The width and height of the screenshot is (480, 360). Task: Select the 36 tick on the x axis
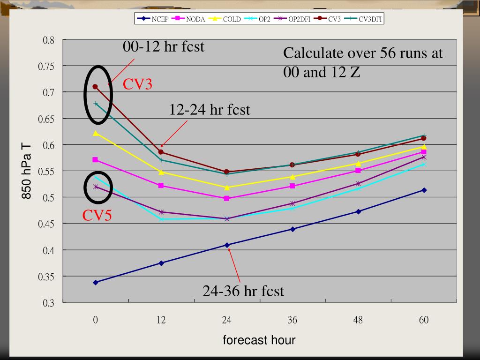coord(292,321)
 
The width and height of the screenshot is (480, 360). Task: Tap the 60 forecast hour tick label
coord(424,321)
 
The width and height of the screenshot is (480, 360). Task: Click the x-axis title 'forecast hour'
coord(259,340)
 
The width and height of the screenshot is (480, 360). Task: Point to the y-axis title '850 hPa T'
coord(27,171)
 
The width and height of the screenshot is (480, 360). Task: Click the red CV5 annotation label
coord(97,216)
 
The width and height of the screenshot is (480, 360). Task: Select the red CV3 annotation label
coord(137,84)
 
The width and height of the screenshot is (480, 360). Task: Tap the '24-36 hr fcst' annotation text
coord(243,291)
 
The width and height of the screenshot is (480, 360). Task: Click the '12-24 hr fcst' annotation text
coord(210,110)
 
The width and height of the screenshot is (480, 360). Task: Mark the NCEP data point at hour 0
coord(96,282)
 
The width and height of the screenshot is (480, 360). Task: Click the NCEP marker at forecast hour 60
coord(424,190)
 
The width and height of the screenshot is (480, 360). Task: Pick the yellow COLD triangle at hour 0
coord(96,133)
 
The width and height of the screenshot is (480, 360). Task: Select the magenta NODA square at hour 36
coord(292,186)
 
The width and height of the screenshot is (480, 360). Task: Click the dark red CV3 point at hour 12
coord(161,152)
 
